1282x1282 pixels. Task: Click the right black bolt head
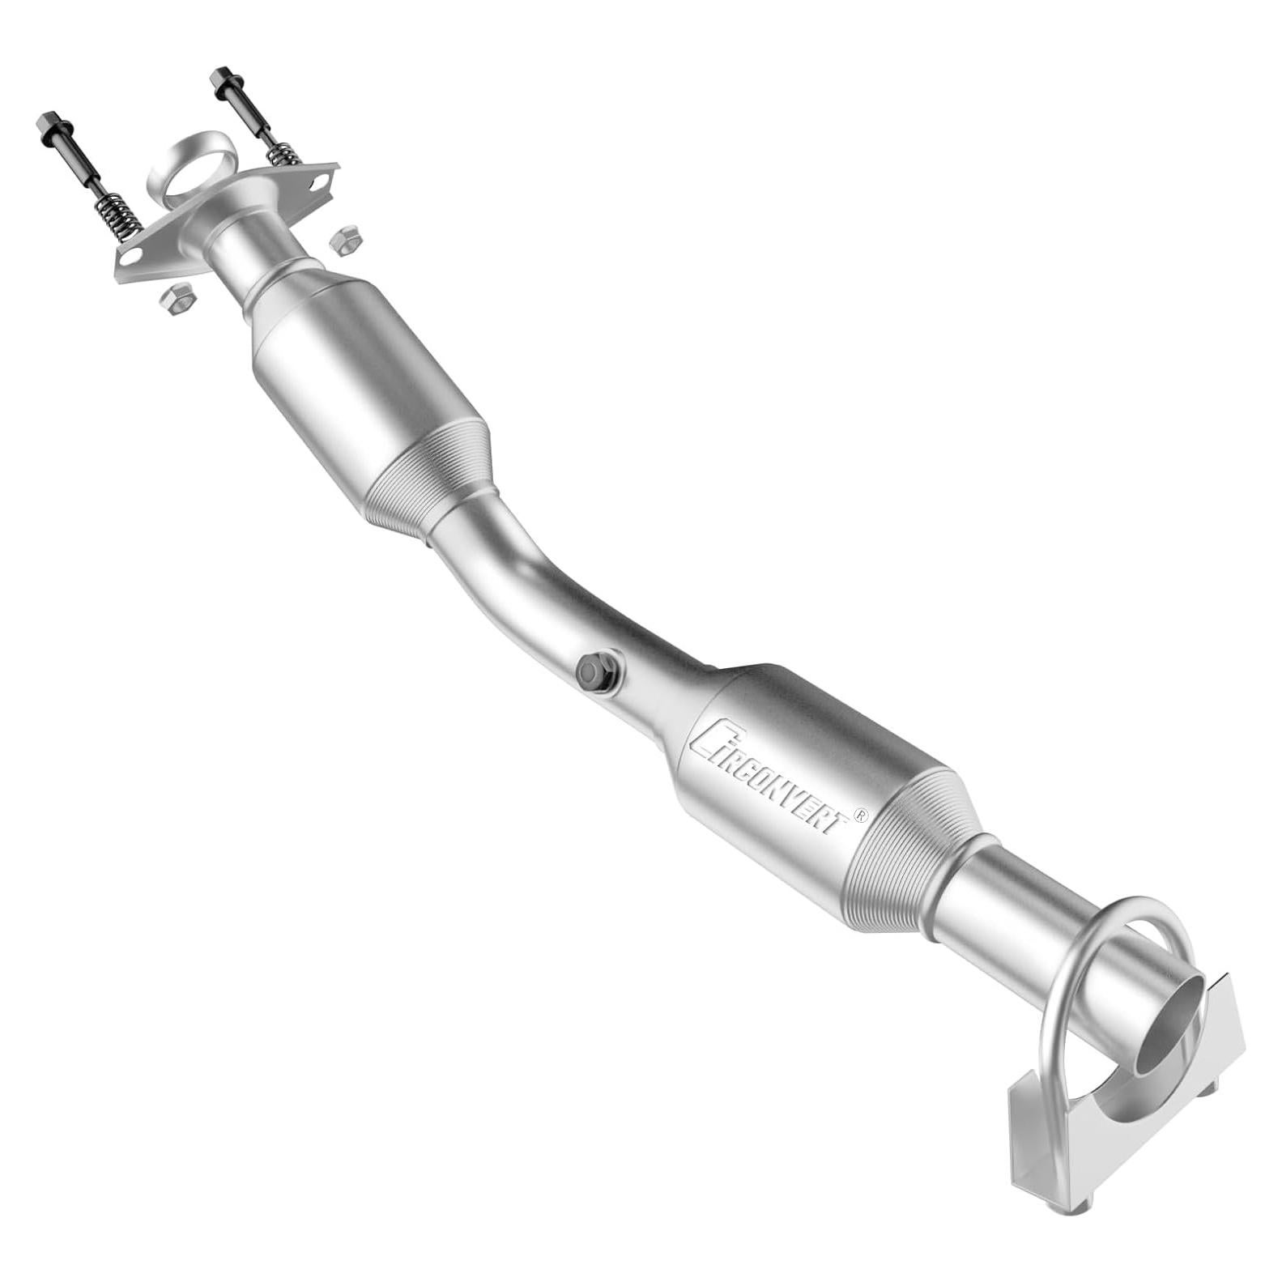222,78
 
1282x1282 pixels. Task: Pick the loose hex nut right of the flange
346,241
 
